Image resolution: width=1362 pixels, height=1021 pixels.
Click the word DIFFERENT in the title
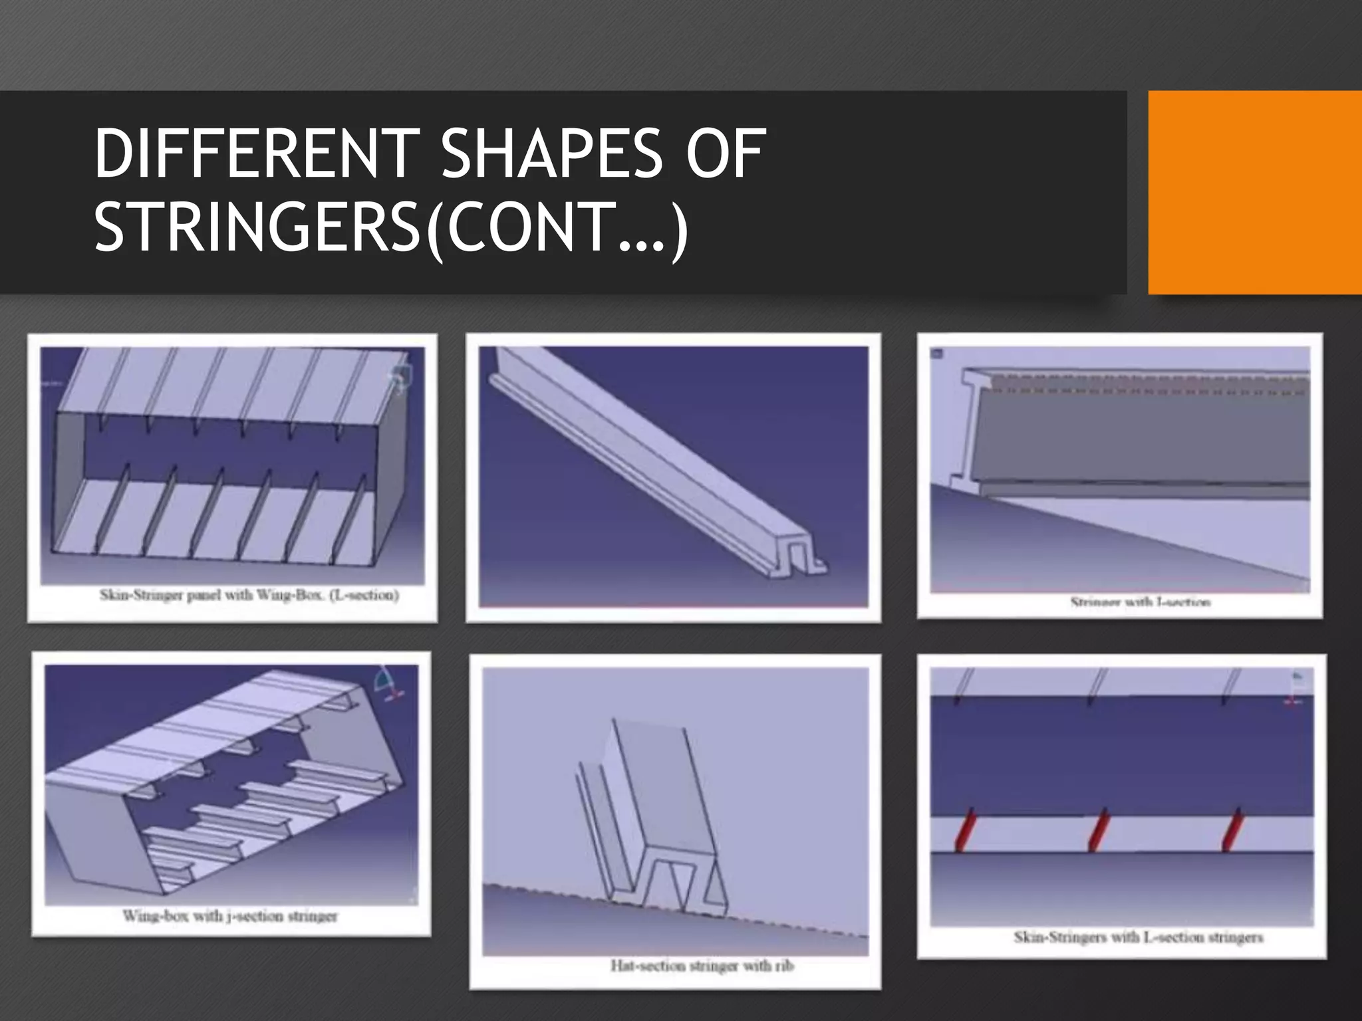(256, 154)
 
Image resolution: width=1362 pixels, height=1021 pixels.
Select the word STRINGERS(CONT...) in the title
(391, 228)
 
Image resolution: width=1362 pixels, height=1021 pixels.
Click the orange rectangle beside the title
(1254, 193)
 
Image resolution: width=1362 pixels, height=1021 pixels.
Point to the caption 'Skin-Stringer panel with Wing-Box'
(249, 595)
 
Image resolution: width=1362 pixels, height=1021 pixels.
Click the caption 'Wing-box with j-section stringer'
(230, 916)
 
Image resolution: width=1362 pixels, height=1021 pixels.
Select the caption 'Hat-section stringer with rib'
(702, 965)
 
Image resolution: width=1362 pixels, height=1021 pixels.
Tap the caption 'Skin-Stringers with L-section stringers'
(1138, 937)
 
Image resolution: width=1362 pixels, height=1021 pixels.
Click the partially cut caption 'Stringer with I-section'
(1140, 602)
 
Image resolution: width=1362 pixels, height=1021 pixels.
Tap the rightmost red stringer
(1232, 830)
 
